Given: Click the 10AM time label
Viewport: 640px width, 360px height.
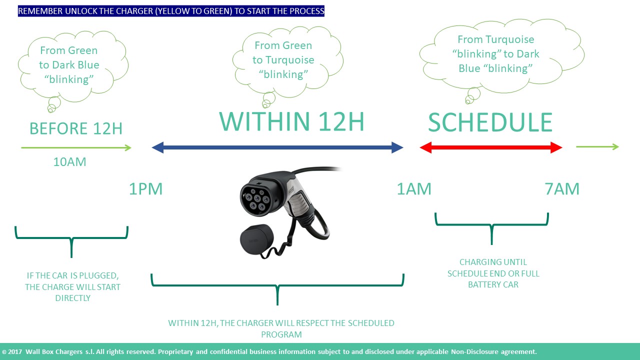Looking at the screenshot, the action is (69, 161).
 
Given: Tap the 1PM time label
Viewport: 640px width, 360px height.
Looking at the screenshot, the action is (145, 189).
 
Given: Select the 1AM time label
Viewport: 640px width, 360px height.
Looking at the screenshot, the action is (414, 189).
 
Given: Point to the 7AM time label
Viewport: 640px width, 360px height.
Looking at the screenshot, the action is (562, 189).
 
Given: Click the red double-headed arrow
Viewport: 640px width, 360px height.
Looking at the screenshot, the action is (491, 147).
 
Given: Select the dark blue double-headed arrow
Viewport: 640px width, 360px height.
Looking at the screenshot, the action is (277, 147).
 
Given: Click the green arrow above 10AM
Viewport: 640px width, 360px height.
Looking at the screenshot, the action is (76, 147).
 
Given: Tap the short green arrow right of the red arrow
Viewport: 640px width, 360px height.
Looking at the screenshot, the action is (597, 147).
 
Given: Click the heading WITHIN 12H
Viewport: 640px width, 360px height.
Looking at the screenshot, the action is (291, 121).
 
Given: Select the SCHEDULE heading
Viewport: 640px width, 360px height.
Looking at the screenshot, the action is (490, 122).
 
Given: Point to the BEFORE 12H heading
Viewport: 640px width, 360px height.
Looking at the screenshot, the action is (76, 128).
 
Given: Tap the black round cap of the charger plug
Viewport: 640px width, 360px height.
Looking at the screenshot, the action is (256, 239).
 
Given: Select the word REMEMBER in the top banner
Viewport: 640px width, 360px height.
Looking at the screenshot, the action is (40, 11).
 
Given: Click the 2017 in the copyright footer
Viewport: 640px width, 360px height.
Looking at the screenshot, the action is (15, 351).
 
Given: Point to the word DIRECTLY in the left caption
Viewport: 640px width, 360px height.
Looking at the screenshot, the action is (72, 298).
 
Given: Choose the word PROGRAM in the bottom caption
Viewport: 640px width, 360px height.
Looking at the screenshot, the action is (281, 334).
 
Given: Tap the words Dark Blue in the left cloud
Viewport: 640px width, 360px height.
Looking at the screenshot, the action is (75, 65).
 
